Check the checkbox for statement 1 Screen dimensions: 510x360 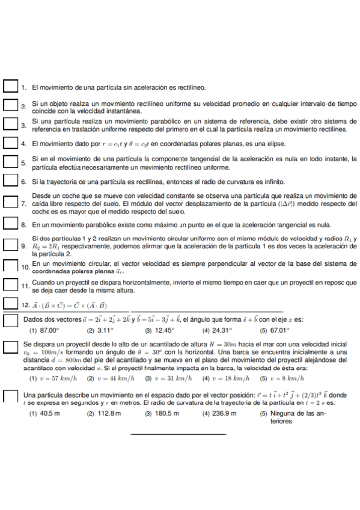click(10, 87)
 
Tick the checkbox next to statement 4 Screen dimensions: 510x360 click(10, 144)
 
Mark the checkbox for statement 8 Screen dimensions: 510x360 click(10, 225)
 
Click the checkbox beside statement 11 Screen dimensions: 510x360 click(10, 285)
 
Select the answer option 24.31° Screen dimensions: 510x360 click(222, 330)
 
